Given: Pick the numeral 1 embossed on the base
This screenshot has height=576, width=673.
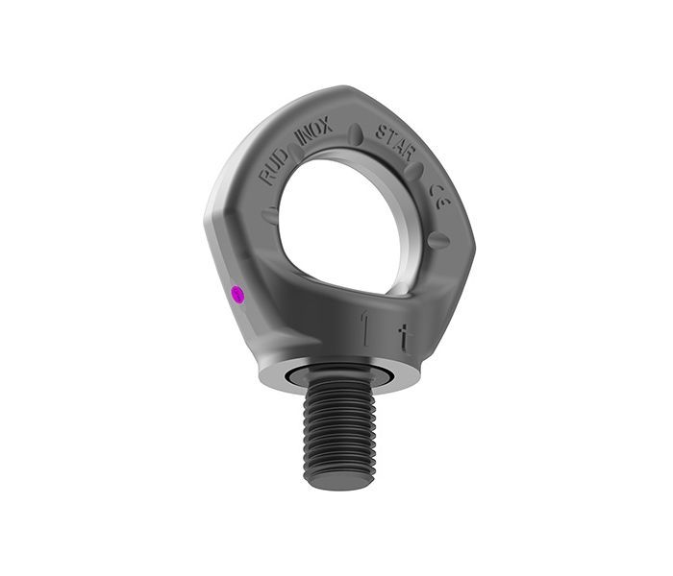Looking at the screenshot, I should pyautogui.click(x=364, y=325).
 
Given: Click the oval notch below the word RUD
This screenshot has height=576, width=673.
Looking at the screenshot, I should pyautogui.click(x=269, y=213).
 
